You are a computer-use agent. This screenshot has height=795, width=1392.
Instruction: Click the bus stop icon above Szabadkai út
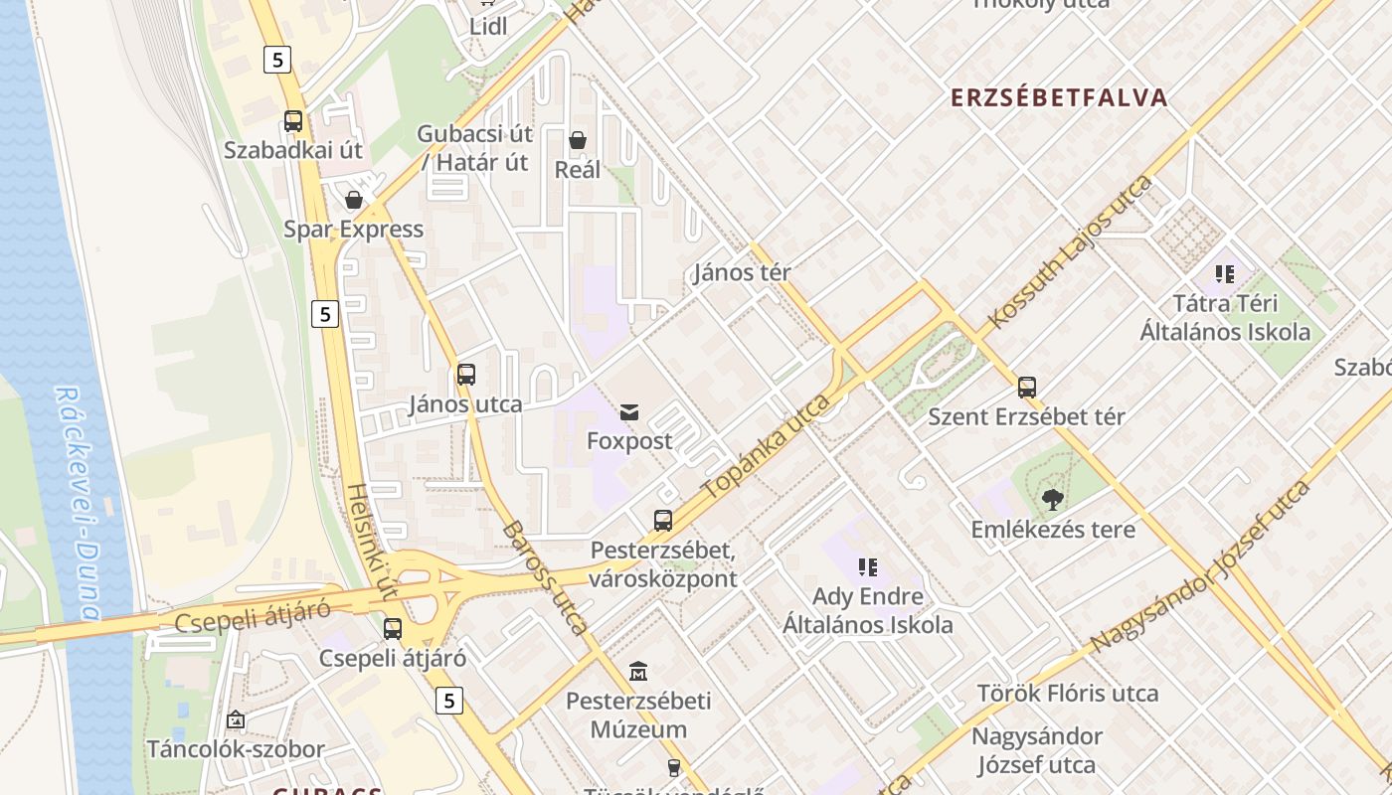point(293,121)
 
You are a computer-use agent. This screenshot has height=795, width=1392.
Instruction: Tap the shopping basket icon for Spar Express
point(354,200)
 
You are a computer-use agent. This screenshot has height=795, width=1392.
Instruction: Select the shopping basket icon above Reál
point(578,140)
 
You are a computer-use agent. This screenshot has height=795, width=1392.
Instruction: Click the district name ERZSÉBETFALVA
point(1059,97)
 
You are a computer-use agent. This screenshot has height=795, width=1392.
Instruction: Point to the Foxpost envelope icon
point(629,411)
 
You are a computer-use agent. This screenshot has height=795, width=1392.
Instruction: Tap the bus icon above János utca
point(465,375)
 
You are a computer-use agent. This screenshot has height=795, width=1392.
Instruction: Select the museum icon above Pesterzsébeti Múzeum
point(638,672)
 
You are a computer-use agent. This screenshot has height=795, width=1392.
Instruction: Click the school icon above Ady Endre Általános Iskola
point(867,567)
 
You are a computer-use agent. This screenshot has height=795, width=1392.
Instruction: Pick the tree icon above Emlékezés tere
point(1053,499)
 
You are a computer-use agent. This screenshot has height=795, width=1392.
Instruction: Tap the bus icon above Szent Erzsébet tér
point(1027,388)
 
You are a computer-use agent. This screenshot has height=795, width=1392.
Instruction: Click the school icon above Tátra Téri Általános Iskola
point(1224,273)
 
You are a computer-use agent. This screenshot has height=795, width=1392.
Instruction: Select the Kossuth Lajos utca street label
point(1071,252)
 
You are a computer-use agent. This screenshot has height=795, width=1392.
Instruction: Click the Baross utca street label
point(546,578)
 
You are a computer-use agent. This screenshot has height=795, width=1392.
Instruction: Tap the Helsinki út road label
point(372,542)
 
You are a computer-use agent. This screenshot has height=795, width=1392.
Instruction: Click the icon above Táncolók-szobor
point(236,718)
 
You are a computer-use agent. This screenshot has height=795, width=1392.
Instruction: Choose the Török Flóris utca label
point(1067,693)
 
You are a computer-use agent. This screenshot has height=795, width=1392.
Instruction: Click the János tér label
point(742,272)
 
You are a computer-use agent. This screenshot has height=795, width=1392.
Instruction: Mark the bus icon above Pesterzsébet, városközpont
point(663,520)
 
